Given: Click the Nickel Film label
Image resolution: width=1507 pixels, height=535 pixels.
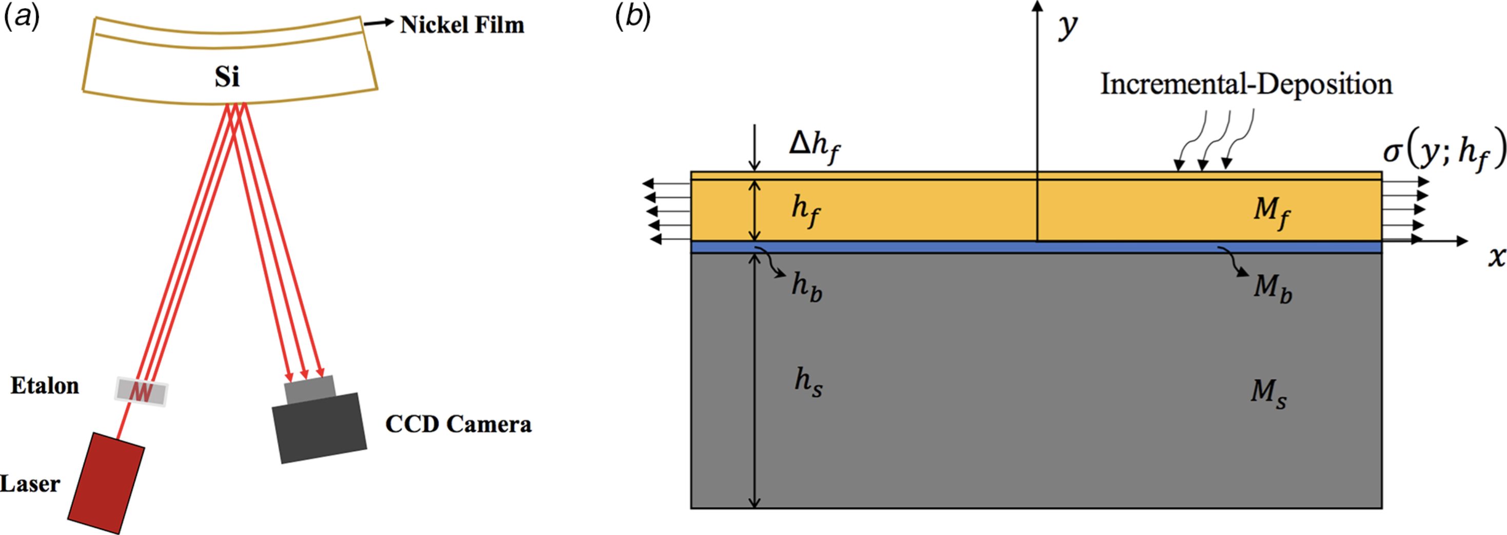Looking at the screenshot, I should [x=462, y=25].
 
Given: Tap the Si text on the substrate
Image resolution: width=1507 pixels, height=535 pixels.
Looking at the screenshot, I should [x=227, y=77].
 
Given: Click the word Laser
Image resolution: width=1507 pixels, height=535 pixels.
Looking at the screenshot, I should [x=30, y=484].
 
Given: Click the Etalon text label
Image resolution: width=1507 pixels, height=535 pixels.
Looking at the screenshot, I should [x=45, y=386].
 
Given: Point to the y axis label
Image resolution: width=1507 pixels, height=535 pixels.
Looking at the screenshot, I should [x=1067, y=26].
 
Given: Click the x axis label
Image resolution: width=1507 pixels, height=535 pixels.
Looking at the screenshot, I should [x=1496, y=256].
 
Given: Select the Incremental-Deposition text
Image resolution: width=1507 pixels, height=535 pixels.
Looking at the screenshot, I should [x=1246, y=84].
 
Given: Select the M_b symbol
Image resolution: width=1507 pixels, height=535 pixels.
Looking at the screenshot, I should [x=1272, y=288].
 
